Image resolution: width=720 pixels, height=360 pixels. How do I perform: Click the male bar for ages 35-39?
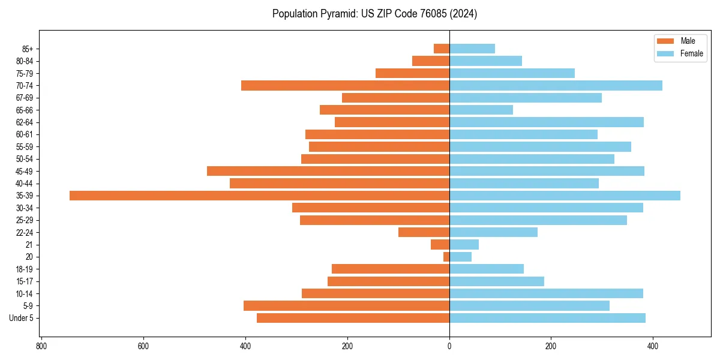point(259,196)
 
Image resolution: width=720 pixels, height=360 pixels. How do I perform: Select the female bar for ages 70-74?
point(556,86)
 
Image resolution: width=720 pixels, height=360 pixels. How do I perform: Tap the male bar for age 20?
point(446,257)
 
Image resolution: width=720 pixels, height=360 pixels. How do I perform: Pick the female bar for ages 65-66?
point(481,110)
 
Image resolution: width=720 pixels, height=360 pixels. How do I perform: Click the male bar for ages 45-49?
point(328,171)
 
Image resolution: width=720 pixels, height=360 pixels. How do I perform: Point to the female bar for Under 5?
point(547,318)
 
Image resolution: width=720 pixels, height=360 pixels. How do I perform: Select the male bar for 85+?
point(442,49)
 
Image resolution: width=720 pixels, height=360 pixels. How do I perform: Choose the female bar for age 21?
point(464,245)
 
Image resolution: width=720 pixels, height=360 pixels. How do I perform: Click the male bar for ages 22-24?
point(424,232)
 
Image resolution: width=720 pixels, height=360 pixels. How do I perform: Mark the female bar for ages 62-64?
point(547,122)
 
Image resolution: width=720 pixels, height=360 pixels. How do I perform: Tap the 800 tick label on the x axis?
point(41,346)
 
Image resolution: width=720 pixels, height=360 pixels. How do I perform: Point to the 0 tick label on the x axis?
point(449,346)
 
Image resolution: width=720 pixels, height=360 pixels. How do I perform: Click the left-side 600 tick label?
point(143,346)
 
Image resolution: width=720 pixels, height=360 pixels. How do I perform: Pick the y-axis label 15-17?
point(24,281)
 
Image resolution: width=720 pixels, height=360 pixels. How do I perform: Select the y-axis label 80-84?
point(24,61)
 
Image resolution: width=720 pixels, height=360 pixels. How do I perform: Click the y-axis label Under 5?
point(22,318)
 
